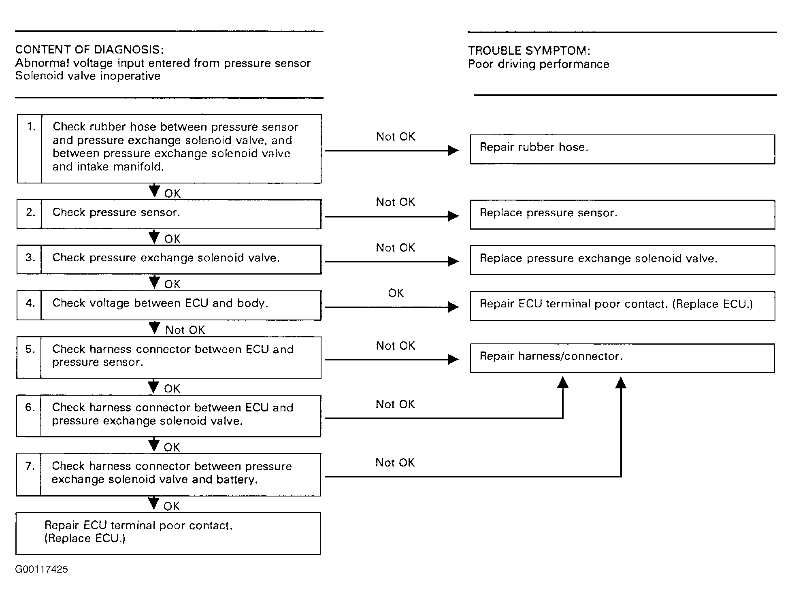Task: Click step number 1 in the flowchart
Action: [31, 127]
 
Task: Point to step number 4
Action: [31, 303]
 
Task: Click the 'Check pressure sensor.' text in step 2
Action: [116, 212]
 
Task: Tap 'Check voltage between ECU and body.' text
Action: [160, 303]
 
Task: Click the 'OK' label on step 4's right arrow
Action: [396, 293]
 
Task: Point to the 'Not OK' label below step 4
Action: [185, 330]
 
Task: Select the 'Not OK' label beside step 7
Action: [395, 462]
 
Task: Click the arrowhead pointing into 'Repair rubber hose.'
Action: [453, 151]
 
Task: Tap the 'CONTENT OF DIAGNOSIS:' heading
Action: [89, 50]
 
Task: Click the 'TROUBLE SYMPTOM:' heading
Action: [529, 51]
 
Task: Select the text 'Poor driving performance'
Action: [539, 64]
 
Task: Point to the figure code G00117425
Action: [41, 569]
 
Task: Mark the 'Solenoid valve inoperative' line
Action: [88, 76]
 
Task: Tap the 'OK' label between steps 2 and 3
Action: [172, 239]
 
